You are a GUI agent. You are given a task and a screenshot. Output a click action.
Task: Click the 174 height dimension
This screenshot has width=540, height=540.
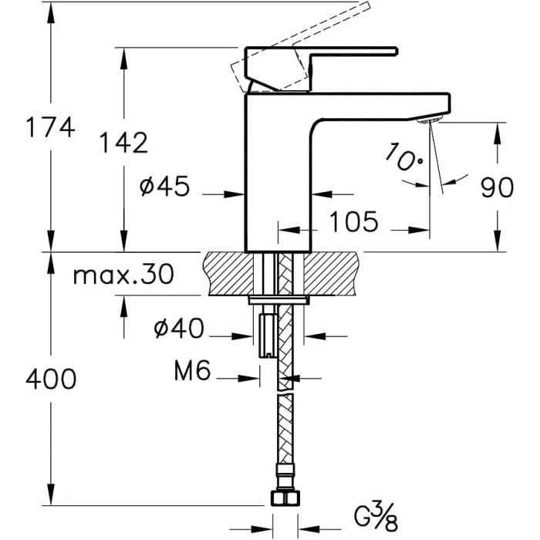click(50, 127)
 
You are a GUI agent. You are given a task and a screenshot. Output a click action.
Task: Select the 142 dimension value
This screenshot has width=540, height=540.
click(123, 142)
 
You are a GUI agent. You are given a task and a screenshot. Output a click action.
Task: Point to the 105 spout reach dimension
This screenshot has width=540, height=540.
click(353, 222)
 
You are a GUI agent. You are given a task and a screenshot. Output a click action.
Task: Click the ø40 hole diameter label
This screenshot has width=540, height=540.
click(179, 329)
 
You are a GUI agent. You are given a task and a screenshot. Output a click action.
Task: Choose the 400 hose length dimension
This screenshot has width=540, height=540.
click(51, 379)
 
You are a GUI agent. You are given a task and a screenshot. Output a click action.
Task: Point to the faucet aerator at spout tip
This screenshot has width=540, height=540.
click(430, 120)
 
